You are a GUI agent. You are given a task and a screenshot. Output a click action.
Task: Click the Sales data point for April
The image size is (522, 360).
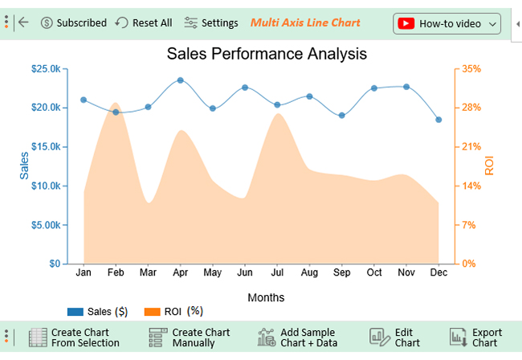180,80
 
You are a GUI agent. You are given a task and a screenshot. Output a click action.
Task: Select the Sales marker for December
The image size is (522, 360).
438,120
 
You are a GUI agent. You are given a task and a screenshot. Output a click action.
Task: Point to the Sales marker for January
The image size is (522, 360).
84,100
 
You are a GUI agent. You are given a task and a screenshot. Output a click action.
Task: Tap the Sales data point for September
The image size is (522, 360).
341,116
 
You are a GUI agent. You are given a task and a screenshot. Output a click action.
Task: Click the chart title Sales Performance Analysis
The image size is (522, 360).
267,55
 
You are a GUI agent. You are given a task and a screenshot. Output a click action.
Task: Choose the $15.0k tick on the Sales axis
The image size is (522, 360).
45,146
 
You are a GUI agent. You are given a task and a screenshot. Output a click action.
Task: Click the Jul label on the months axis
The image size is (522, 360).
277,273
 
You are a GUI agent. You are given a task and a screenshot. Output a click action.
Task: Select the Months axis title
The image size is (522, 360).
266,297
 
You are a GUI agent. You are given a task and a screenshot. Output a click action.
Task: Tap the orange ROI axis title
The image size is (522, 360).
489,166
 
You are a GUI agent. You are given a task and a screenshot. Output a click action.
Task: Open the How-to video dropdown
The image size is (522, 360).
447,23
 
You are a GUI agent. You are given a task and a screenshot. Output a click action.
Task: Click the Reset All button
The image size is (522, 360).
144,23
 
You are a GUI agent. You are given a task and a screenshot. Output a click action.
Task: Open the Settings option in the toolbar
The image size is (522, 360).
211,23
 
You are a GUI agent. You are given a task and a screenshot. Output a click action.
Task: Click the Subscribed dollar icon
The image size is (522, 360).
47,23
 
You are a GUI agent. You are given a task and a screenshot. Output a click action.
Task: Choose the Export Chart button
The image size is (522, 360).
477,337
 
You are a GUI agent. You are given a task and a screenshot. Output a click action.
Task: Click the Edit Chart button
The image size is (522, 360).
398,337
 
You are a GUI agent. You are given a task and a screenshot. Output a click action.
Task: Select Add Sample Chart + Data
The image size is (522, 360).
299,337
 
